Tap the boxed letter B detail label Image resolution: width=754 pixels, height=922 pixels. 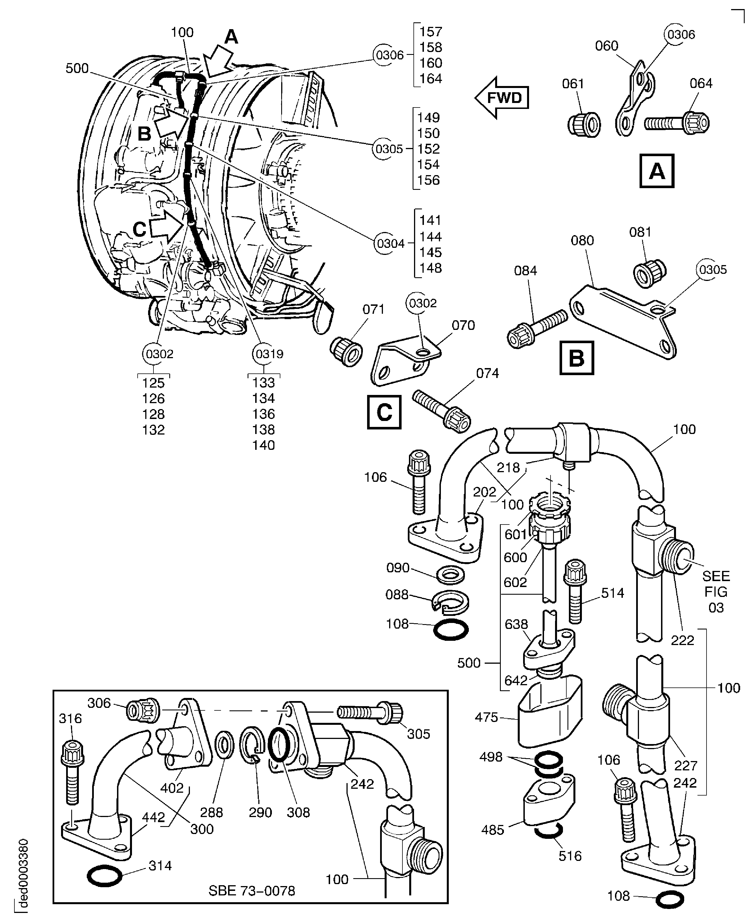(x=576, y=358)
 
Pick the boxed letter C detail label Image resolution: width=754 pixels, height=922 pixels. (x=384, y=412)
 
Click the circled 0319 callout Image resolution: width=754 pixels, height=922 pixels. (x=269, y=354)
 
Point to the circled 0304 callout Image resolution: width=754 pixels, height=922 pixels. (x=391, y=243)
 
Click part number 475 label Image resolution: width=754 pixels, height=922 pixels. (x=486, y=717)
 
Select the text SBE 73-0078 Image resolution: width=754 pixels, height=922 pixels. (x=252, y=891)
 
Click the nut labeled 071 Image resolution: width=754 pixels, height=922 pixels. (x=346, y=351)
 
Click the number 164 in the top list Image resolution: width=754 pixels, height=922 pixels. (x=430, y=79)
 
